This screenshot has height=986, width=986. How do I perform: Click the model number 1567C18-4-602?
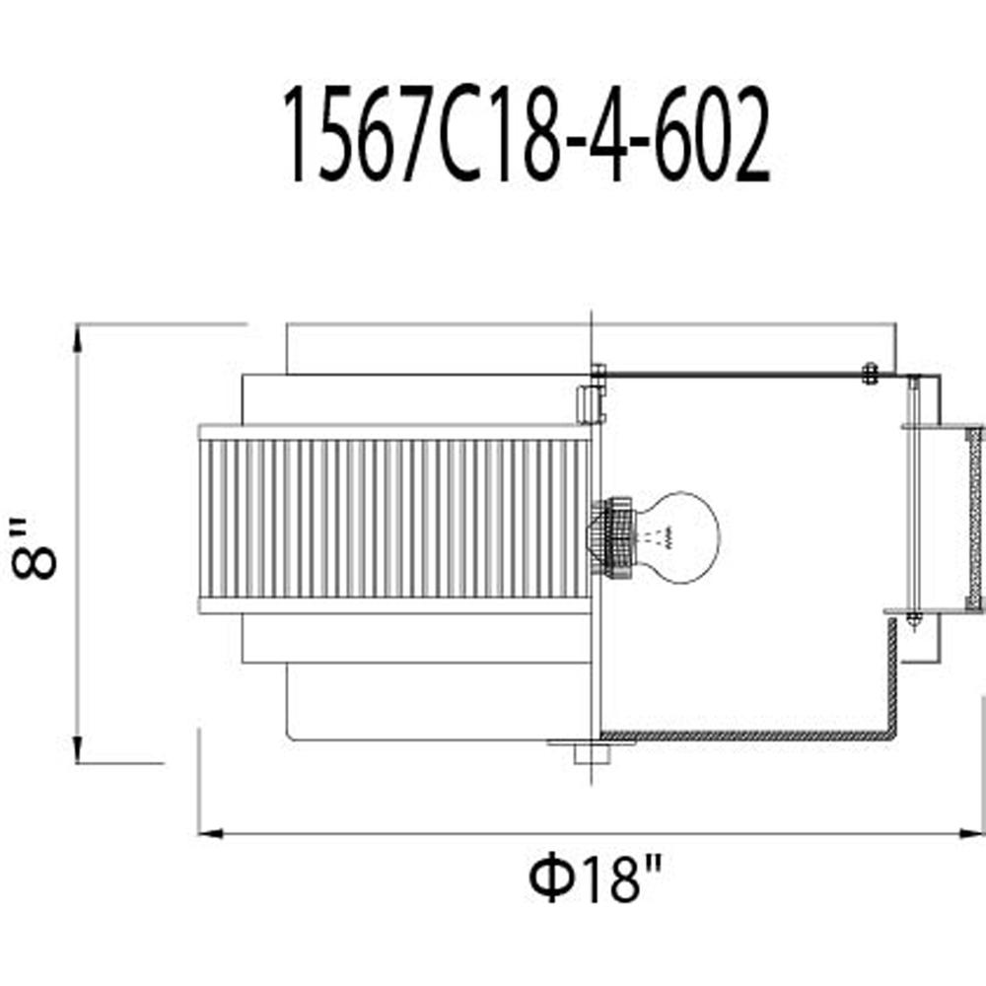527,134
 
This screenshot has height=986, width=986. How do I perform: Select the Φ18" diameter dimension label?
595,880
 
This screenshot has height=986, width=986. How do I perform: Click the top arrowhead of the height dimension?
77,340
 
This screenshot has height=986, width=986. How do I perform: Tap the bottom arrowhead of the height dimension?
77,747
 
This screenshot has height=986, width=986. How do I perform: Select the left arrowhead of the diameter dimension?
211,834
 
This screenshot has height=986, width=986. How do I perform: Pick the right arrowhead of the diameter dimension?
970,834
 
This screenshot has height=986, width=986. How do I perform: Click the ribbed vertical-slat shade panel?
395,519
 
